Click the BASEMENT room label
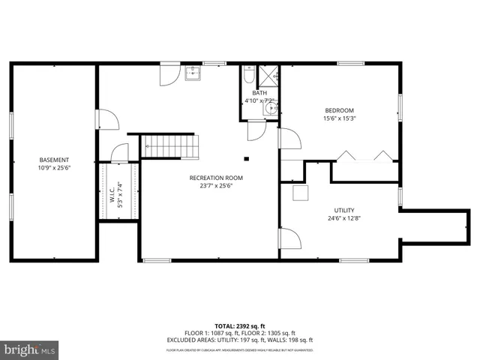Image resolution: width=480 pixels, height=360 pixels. [54, 160]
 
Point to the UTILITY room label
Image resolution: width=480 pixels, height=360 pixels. [344, 210]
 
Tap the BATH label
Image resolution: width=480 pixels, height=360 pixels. [259, 93]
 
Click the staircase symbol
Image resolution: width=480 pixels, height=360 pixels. [170, 146]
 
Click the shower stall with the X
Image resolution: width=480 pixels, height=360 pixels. [268, 76]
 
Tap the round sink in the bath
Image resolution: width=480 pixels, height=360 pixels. [270, 109]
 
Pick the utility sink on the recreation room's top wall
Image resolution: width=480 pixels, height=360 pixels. [193, 73]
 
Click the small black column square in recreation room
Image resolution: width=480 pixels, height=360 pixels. [246, 158]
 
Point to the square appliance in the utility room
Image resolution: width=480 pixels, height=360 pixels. [300, 193]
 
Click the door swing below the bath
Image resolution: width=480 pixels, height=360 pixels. [256, 130]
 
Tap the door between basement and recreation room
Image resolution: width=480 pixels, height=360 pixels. [106, 120]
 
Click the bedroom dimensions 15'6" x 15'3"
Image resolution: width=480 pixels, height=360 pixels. [339, 118]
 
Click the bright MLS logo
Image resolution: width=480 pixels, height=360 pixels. [29, 350]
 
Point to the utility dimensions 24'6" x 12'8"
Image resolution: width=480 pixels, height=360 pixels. [344, 219]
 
